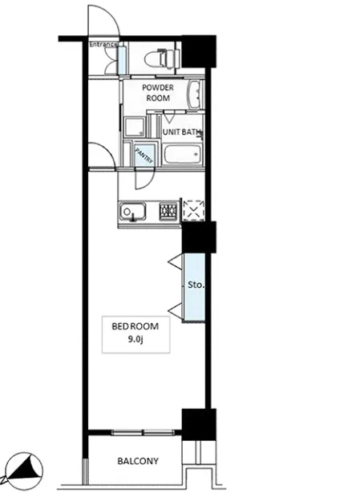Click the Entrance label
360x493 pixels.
103,44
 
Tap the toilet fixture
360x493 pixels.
162,59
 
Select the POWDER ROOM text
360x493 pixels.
158,92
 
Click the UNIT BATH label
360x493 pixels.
181,132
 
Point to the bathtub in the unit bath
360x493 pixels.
183,154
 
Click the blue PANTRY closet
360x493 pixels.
144,155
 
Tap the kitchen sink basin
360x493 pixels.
132,212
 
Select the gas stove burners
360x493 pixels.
168,210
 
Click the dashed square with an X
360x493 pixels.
194,209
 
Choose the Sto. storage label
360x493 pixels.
196,285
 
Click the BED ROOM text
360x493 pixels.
136,326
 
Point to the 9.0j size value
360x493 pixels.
136,340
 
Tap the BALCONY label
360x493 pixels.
138,461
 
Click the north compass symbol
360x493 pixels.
23,471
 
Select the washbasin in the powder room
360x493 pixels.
196,95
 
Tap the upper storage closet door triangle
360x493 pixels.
176,261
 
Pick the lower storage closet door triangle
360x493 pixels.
176,311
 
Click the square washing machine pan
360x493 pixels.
136,127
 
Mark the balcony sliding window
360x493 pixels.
143,433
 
